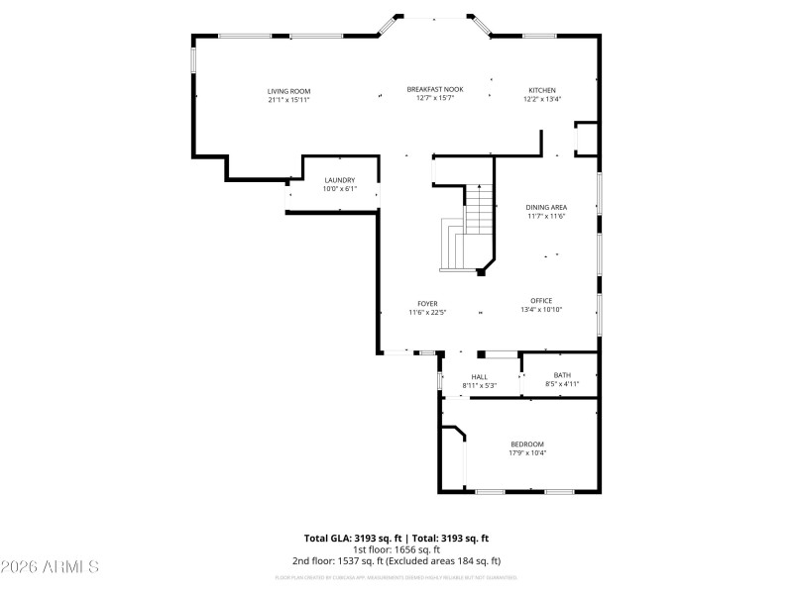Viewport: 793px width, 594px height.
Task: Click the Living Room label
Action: [288, 91]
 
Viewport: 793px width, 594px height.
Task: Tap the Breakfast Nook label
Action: [434, 89]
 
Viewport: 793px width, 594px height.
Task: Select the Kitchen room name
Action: [542, 90]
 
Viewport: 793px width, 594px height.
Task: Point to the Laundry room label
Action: [339, 180]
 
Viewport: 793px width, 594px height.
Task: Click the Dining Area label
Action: [546, 207]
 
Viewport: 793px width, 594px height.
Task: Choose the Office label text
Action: [541, 301]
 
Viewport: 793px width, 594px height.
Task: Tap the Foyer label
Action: [427, 304]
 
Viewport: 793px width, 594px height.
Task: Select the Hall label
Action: [480, 377]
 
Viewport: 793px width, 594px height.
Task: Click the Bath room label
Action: [562, 375]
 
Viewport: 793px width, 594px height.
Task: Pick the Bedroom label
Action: [527, 445]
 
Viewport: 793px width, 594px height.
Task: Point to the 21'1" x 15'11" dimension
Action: [288, 100]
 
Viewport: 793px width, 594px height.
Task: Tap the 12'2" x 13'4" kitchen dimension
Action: [542, 99]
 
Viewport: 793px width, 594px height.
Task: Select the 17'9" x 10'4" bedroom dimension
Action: [527, 453]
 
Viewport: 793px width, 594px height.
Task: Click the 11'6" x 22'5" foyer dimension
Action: [427, 313]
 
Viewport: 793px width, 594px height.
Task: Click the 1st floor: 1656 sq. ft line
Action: [396, 548]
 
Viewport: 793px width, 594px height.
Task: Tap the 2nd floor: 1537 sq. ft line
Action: [396, 560]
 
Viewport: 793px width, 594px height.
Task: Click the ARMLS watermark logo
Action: [50, 567]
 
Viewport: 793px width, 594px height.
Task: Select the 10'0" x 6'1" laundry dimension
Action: [339, 189]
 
